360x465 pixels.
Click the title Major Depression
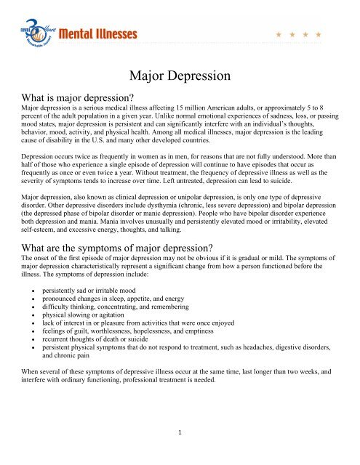tap(180, 76)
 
